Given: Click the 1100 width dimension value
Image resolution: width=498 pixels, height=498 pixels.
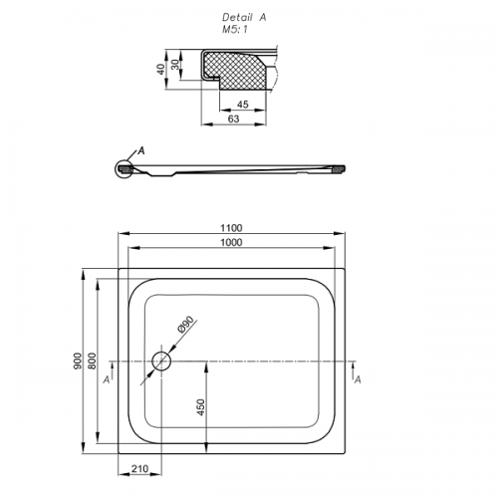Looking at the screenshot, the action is [231, 228].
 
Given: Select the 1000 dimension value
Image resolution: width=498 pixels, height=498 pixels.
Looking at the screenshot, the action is [231, 242].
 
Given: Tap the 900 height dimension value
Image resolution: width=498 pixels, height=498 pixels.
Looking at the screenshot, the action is [78, 361].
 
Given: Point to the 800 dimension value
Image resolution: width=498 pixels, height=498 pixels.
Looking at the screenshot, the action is [92, 361].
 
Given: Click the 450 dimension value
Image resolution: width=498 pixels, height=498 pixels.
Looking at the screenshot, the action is [201, 407].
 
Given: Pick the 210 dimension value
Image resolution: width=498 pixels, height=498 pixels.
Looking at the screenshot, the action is [139, 469].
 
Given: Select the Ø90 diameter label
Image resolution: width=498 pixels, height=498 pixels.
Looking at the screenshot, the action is [186, 325].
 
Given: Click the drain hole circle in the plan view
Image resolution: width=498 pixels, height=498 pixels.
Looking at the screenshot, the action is [161, 361].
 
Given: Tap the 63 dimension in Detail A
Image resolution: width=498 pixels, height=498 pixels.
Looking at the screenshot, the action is [234, 119].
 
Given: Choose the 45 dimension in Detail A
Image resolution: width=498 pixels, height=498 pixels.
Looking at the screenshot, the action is [243, 105].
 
